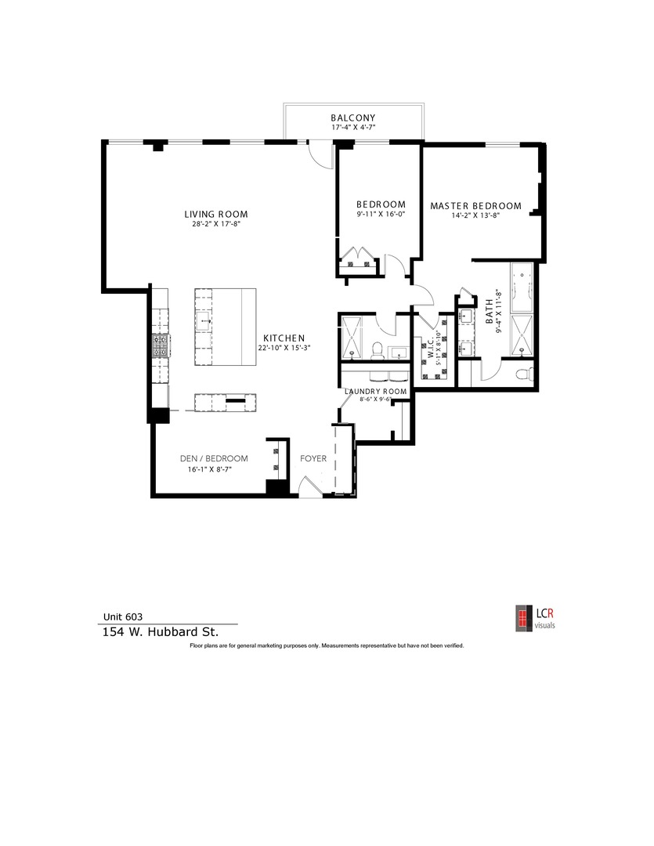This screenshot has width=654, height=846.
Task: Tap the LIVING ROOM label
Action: click(x=216, y=214)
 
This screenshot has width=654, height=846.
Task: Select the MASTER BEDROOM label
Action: click(x=475, y=206)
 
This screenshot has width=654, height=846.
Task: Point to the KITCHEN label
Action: click(x=284, y=338)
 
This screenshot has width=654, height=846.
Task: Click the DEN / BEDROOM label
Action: click(x=213, y=458)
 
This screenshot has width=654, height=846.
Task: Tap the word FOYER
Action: click(x=313, y=458)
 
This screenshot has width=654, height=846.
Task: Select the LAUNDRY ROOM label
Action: click(x=376, y=391)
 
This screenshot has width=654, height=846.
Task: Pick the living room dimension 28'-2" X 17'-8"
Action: click(x=216, y=224)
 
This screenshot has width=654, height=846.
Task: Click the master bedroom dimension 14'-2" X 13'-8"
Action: click(x=475, y=216)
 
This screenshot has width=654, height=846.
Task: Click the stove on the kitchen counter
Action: click(x=160, y=345)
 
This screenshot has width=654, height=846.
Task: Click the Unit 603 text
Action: click(x=124, y=616)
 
